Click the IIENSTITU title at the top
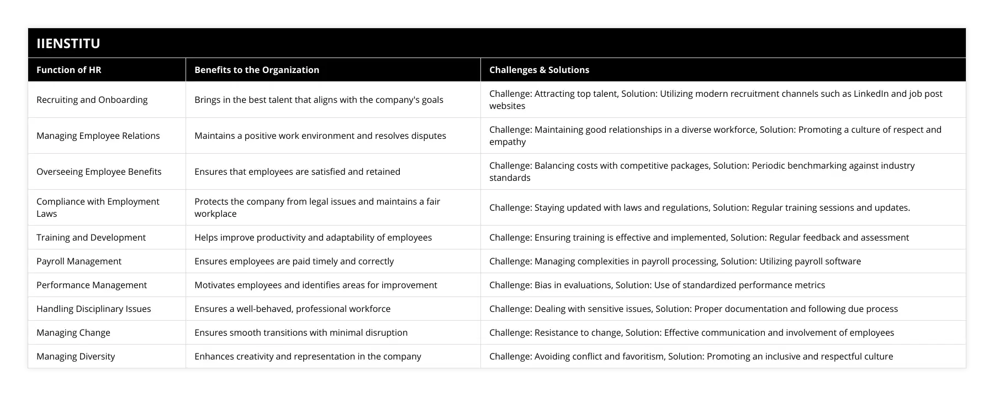pos(68,43)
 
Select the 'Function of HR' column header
pos(69,70)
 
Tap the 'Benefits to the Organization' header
pos(257,70)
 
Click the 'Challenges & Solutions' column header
pos(539,70)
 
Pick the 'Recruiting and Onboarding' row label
pos(92,100)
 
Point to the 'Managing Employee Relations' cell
pos(98,136)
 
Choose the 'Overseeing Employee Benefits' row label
pos(99,171)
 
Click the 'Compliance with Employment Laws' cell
pos(98,207)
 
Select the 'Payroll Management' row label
pos(79,261)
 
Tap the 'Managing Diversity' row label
pos(76,356)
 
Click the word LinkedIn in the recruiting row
pos(871,93)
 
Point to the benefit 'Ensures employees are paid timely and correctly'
pos(294,261)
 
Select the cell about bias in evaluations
pos(657,285)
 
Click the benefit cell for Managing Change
pos(301,332)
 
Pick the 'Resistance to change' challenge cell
pos(691,332)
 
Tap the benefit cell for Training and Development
pos(313,237)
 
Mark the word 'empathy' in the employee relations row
pos(507,142)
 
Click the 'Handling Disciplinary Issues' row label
pos(94,309)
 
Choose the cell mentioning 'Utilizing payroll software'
pos(675,261)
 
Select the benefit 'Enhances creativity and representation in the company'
pos(308,356)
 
